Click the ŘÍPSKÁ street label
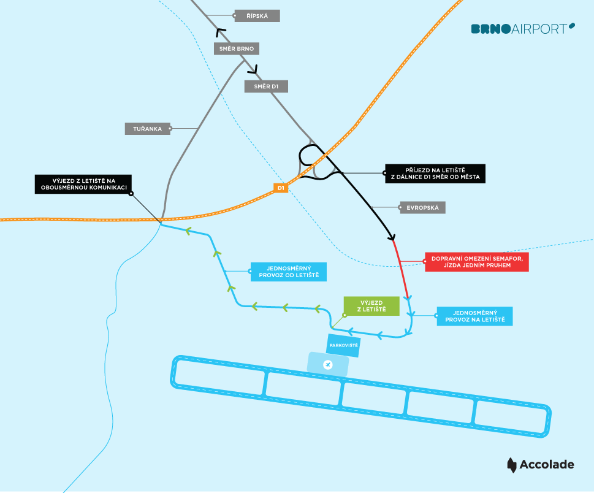point(257,16)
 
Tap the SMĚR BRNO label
point(237,48)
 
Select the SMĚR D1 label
point(266,86)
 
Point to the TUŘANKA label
point(147,129)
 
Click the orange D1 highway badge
point(281,188)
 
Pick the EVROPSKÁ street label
point(422,208)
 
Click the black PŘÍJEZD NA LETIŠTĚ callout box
point(435,174)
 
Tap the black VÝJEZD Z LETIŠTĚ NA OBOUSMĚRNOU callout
point(83,184)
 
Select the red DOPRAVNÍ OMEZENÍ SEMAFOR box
point(477,262)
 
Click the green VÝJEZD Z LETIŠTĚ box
point(371,306)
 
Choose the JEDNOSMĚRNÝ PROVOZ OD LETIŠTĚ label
point(289,272)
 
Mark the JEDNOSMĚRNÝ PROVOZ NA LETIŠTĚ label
point(474,316)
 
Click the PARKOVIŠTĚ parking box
point(343,346)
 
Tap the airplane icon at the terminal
point(328,365)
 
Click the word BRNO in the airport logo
point(490,29)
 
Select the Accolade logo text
point(547,465)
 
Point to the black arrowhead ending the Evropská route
point(392,237)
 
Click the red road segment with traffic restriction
point(401,269)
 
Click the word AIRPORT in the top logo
point(539,29)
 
